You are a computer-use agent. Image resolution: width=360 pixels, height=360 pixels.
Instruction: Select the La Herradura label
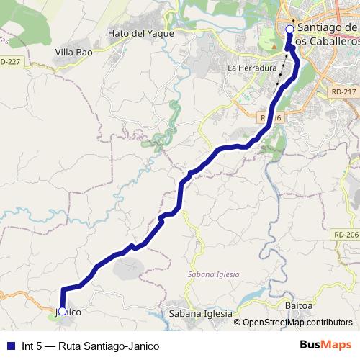pos(252,68)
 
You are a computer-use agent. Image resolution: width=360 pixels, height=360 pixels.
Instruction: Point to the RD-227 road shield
pos(12,61)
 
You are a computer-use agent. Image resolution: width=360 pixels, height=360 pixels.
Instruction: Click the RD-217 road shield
pos(345,92)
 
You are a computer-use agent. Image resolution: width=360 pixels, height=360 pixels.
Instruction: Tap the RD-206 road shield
pos(346,235)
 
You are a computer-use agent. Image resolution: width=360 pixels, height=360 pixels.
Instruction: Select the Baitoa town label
pos(300,306)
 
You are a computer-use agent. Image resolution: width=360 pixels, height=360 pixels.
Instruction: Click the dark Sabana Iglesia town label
pos(201,314)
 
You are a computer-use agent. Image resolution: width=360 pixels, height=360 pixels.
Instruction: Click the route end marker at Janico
pos(63,311)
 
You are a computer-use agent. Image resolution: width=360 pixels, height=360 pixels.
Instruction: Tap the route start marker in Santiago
pos(289,30)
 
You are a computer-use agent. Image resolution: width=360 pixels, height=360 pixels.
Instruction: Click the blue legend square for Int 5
pos(11,346)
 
